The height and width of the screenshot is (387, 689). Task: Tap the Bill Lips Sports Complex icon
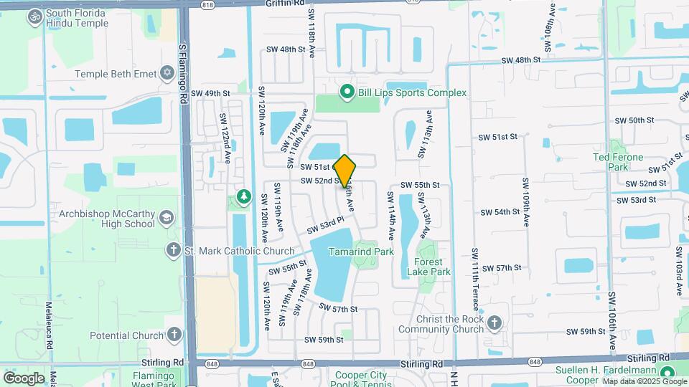click(x=347, y=92)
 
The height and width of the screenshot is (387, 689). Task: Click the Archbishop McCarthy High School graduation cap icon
click(x=167, y=217)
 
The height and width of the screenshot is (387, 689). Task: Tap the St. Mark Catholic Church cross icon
click(x=173, y=250)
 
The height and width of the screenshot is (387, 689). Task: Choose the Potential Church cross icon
click(x=174, y=335)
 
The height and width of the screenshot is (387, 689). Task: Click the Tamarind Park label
click(x=361, y=252)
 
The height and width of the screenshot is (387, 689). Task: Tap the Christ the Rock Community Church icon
click(x=494, y=323)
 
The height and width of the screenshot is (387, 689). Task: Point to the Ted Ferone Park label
click(x=611, y=161)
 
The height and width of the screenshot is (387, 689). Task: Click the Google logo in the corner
click(x=24, y=378)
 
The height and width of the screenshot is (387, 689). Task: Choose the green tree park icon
click(x=244, y=196)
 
